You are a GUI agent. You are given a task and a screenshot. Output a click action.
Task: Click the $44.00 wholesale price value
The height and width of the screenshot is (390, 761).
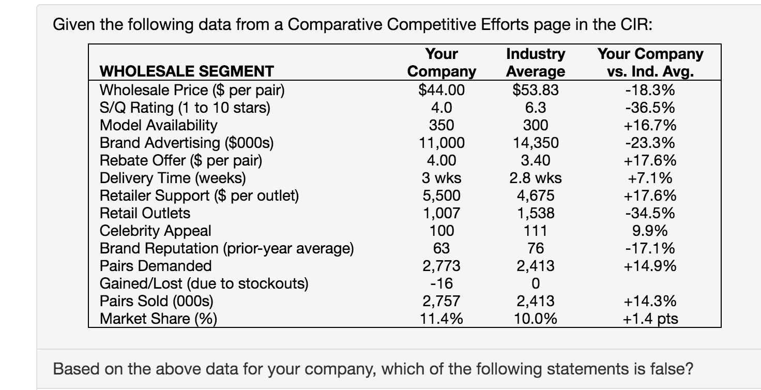pos(442,90)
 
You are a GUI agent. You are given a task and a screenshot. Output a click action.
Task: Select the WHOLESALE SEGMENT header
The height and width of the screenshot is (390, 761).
pos(187,71)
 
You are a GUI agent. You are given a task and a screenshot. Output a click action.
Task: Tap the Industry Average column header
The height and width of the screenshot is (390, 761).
pos(536,63)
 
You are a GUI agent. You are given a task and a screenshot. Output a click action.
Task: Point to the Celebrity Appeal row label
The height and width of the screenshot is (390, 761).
pos(155,230)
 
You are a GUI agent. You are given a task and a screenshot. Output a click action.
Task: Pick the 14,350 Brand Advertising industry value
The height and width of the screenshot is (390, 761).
pos(536,143)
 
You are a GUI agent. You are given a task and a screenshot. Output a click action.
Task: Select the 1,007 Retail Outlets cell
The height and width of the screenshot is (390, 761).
pos(442,213)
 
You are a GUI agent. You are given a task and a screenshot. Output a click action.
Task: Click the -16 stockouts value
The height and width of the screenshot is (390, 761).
pos(442,283)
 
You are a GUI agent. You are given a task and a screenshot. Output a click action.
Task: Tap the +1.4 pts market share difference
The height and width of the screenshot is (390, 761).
pos(650,319)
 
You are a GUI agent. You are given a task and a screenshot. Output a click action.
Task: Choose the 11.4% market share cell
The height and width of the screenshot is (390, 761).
pos(442,319)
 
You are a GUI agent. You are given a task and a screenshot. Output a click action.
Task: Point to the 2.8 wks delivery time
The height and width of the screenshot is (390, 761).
pos(536,178)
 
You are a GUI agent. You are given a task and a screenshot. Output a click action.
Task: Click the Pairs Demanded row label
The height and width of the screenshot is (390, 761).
pos(155,266)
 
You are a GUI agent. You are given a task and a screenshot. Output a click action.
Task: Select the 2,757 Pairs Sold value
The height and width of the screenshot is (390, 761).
pos(442,301)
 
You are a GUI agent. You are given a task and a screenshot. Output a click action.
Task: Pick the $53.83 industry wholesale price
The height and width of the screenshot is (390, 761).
pos(536,90)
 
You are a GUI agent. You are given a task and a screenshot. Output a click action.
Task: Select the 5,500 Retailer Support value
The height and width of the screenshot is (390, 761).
pos(442,196)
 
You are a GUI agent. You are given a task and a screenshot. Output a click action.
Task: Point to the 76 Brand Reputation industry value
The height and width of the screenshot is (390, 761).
pos(536,248)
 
